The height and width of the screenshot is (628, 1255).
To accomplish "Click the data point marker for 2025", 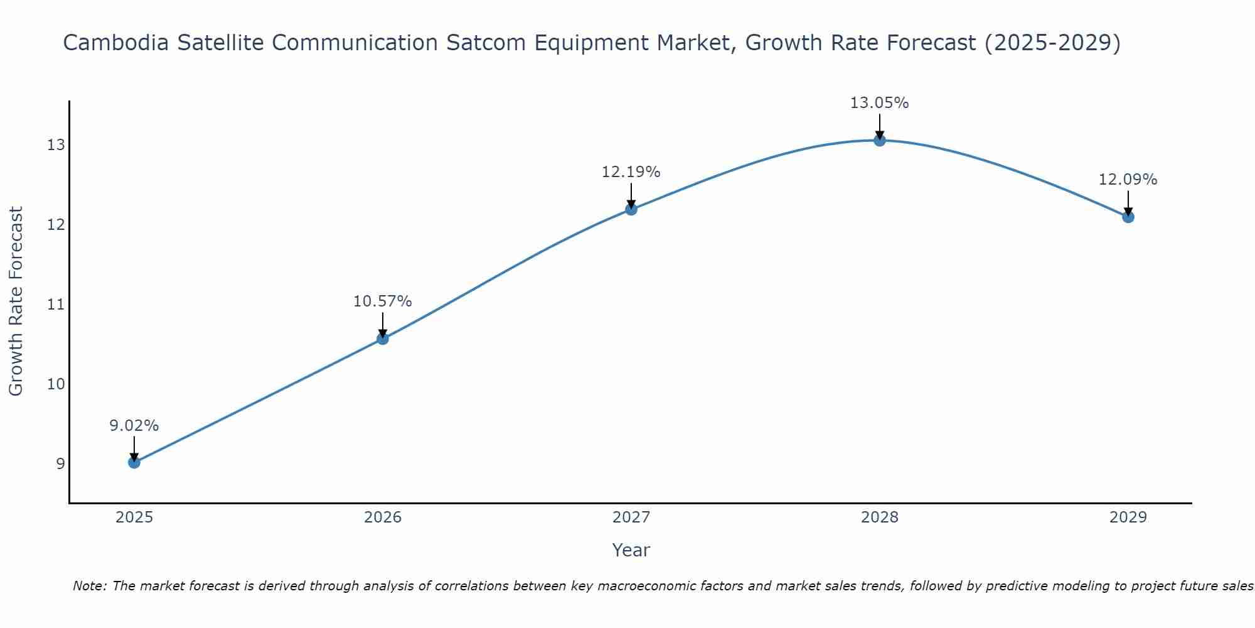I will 134,462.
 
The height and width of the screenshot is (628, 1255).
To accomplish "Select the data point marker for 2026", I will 382,338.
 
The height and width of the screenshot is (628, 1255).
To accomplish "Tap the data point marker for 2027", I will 631,209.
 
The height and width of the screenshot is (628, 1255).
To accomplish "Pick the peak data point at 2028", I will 879,140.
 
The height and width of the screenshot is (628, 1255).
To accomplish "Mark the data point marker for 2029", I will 1128,217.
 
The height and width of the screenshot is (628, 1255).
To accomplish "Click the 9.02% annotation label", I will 134,426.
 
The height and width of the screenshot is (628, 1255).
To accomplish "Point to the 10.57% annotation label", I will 382,301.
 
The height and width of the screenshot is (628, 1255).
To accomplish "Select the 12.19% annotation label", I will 631,172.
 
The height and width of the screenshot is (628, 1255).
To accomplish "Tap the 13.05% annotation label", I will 879,103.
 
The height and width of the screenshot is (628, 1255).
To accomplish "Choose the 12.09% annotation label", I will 1128,180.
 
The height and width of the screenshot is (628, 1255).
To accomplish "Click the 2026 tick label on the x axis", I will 382,517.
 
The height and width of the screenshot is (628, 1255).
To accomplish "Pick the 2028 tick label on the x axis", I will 879,517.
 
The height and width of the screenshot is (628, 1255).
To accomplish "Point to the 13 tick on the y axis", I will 56,145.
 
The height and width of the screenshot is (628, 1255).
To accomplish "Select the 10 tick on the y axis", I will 56,384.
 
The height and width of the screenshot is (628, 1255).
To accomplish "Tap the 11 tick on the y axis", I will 56,305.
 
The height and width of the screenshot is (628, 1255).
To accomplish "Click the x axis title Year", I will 631,550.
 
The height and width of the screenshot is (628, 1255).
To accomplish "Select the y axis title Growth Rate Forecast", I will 16,301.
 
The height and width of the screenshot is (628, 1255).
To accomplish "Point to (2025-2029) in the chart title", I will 1052,43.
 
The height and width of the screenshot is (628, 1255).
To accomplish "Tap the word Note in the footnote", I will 90,586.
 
